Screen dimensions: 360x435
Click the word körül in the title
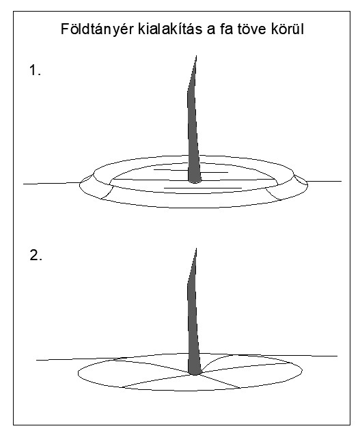tap(288, 29)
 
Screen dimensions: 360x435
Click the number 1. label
tap(36, 70)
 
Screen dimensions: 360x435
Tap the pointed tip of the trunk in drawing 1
tap(197, 56)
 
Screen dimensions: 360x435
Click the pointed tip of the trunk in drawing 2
tap(197, 249)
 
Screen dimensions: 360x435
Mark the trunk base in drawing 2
tap(195, 372)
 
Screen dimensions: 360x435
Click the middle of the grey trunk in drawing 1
tap(193, 120)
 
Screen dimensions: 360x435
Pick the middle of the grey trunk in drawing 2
tap(193, 311)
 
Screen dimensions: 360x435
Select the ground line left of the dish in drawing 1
tap(52, 184)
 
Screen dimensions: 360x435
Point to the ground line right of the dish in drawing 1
tap(324, 182)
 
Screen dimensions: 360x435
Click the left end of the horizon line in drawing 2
tap(36, 360)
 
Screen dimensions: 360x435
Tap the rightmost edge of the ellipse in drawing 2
tap(302, 370)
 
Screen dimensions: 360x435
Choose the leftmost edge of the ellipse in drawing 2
tap(78, 374)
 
